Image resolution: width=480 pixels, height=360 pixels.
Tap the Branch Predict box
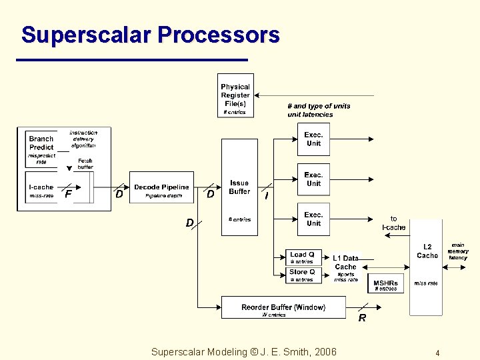click(x=41, y=143)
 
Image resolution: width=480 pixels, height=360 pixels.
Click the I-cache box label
click(x=41, y=187)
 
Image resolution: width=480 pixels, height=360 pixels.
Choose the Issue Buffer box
click(x=239, y=187)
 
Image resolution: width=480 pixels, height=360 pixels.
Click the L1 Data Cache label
click(x=345, y=262)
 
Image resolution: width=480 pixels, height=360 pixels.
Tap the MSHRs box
click(x=385, y=285)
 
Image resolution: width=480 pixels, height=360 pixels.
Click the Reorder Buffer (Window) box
click(x=283, y=307)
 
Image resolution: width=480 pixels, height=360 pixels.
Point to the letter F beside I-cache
click(x=68, y=195)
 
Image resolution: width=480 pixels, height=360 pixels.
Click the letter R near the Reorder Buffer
click(x=362, y=319)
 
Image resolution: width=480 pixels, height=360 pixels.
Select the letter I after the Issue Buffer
click(x=267, y=196)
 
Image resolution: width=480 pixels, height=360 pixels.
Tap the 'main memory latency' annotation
click(x=458, y=251)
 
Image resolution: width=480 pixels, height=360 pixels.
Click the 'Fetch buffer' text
click(x=85, y=164)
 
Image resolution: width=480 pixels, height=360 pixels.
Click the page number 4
click(x=437, y=353)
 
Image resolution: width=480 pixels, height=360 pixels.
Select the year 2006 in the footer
click(x=324, y=352)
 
